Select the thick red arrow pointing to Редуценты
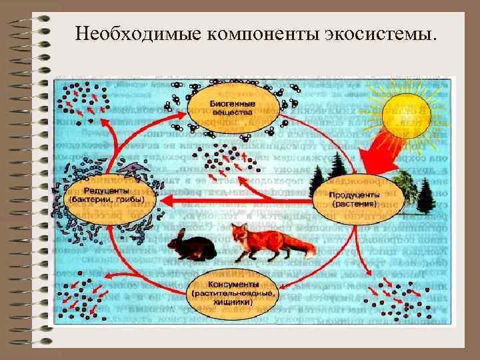200,201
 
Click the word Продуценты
354,193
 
